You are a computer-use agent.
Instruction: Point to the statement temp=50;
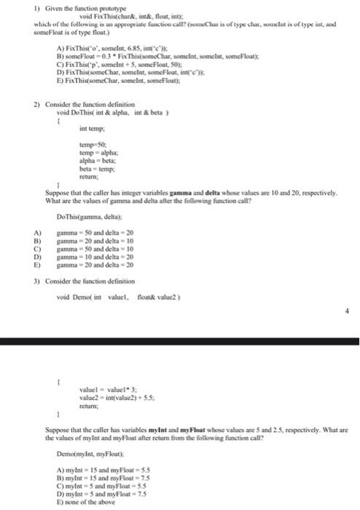point(90,145)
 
